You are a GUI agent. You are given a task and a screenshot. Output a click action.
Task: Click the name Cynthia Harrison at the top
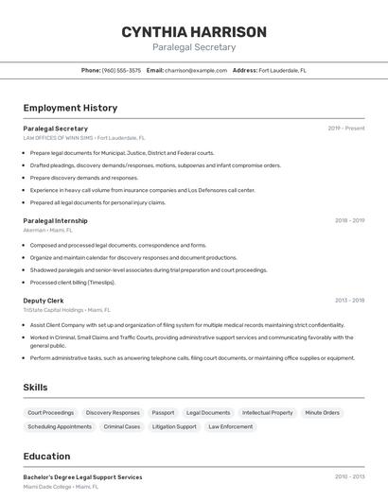pyautogui.click(x=194, y=32)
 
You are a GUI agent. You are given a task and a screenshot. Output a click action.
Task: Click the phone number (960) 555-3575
pyautogui.click(x=121, y=70)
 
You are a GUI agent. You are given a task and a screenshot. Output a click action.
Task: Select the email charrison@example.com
pyautogui.click(x=189, y=70)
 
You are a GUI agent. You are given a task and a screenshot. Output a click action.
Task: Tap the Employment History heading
pyautogui.click(x=70, y=108)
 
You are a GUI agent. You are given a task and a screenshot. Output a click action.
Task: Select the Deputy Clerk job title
pyautogui.click(x=44, y=301)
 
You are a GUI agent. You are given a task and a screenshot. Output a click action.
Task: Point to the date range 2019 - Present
pyautogui.click(x=346, y=129)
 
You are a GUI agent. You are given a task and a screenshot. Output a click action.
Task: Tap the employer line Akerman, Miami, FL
pyautogui.click(x=47, y=230)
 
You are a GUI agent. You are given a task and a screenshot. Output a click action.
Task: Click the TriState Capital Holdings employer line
pyautogui.click(x=66, y=309)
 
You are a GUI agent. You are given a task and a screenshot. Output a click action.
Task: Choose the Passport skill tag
pyautogui.click(x=163, y=413)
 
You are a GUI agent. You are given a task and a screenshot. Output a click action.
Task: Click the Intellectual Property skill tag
pyautogui.click(x=268, y=413)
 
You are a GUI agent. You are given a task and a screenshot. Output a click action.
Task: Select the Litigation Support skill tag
pyautogui.click(x=174, y=426)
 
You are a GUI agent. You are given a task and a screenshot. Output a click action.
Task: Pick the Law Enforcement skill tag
pyautogui.click(x=231, y=426)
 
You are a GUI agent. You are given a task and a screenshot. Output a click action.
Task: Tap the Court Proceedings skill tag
pyautogui.click(x=51, y=413)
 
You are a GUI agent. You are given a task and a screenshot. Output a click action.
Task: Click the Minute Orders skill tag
pyautogui.click(x=322, y=413)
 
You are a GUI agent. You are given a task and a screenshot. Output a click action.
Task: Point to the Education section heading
pyautogui.click(x=46, y=457)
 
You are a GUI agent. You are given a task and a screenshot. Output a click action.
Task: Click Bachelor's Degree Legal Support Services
pyautogui.click(x=82, y=477)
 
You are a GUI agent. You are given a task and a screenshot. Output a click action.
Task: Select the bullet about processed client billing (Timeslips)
pyautogui.click(x=72, y=282)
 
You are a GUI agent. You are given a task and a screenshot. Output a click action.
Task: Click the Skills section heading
pyautogui.click(x=35, y=388)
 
